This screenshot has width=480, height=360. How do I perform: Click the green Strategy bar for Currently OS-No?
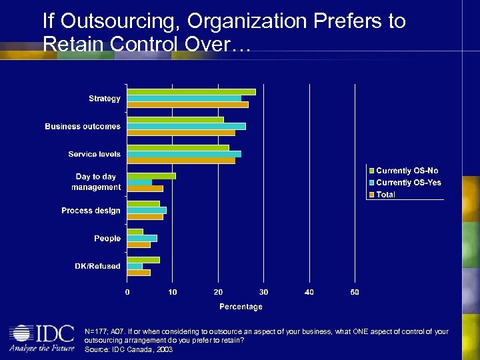point(191,92)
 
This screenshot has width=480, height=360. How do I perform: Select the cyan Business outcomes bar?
point(186,126)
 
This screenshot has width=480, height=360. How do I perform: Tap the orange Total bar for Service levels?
point(181,160)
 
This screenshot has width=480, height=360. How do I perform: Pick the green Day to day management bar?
point(151,176)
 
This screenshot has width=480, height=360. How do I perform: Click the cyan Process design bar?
point(147,210)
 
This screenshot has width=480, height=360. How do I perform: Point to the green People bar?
point(135,232)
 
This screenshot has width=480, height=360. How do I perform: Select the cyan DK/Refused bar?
point(135,266)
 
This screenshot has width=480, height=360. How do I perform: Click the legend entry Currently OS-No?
point(407,171)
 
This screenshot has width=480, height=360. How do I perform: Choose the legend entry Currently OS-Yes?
point(408,183)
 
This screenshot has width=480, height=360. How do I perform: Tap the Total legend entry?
point(385,195)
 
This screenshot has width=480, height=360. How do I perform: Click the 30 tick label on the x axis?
point(264,292)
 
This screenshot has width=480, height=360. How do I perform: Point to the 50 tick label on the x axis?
point(355,292)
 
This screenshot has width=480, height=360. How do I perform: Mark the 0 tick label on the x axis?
point(127,292)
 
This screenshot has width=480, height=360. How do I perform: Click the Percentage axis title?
point(241,307)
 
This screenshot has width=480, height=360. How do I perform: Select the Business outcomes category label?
point(83,126)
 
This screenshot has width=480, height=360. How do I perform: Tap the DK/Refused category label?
point(97,266)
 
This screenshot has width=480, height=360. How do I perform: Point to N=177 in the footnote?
point(96,331)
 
